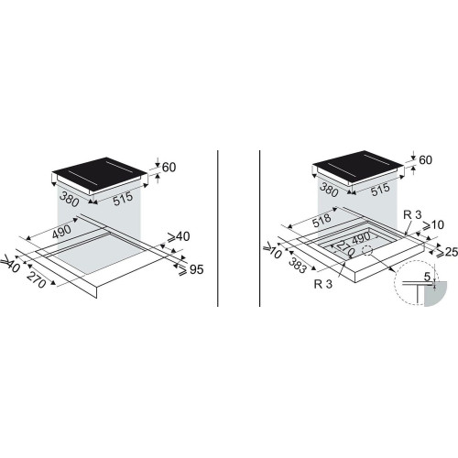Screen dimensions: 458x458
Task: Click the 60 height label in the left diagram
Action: click(169, 168)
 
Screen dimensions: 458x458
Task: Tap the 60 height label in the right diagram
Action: click(425, 159)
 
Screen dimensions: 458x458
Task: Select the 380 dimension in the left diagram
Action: click(70, 199)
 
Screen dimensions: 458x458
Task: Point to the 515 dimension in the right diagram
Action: click(380, 190)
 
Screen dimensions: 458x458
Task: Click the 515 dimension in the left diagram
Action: click(123, 199)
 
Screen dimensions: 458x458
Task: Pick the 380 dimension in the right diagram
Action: click(329, 190)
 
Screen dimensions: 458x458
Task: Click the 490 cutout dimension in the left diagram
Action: click(61, 232)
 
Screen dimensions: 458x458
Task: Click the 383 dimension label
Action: click(297, 265)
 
